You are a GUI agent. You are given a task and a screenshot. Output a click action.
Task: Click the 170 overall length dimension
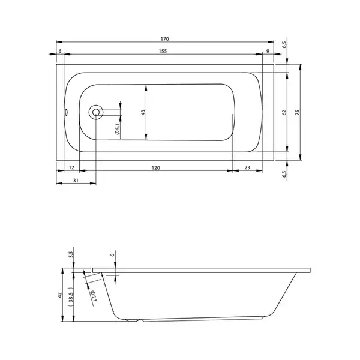point(164,39)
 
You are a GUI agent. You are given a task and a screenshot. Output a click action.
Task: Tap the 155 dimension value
point(163,51)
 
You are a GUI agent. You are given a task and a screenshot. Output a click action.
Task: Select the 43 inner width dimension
point(143,113)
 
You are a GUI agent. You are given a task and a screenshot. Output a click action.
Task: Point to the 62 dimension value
point(284,113)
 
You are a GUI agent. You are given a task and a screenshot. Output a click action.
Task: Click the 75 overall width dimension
point(298,113)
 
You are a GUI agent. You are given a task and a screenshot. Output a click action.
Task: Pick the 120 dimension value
point(155,168)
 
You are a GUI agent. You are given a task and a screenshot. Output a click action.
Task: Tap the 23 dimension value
point(247,167)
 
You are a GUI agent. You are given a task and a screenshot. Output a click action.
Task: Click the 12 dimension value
point(71,167)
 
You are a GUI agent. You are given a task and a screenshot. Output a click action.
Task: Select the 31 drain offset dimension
point(76,181)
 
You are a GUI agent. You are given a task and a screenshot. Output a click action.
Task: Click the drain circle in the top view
point(96,112)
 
